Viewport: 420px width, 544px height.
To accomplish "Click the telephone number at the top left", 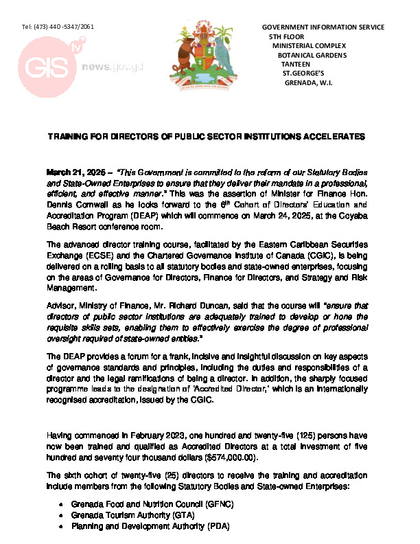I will coord(58,26).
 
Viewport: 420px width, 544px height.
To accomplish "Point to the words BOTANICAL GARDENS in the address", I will coord(312,55).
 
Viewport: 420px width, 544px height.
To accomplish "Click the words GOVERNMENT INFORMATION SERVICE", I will coord(323,27).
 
